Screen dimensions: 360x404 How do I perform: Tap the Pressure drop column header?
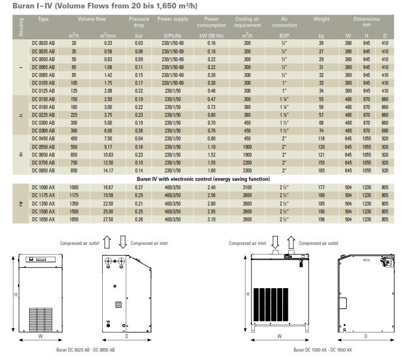pos(139,23)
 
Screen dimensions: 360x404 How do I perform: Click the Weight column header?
pos(321,19)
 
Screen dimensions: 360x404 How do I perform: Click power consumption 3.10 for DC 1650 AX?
pos(212,220)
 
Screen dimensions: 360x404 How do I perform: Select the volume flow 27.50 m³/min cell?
pos(108,220)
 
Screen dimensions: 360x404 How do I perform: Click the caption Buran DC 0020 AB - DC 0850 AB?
pos(86,350)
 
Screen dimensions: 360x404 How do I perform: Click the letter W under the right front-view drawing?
pos(279,336)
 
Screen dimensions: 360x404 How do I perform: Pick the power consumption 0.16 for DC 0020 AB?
pos(212,43)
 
